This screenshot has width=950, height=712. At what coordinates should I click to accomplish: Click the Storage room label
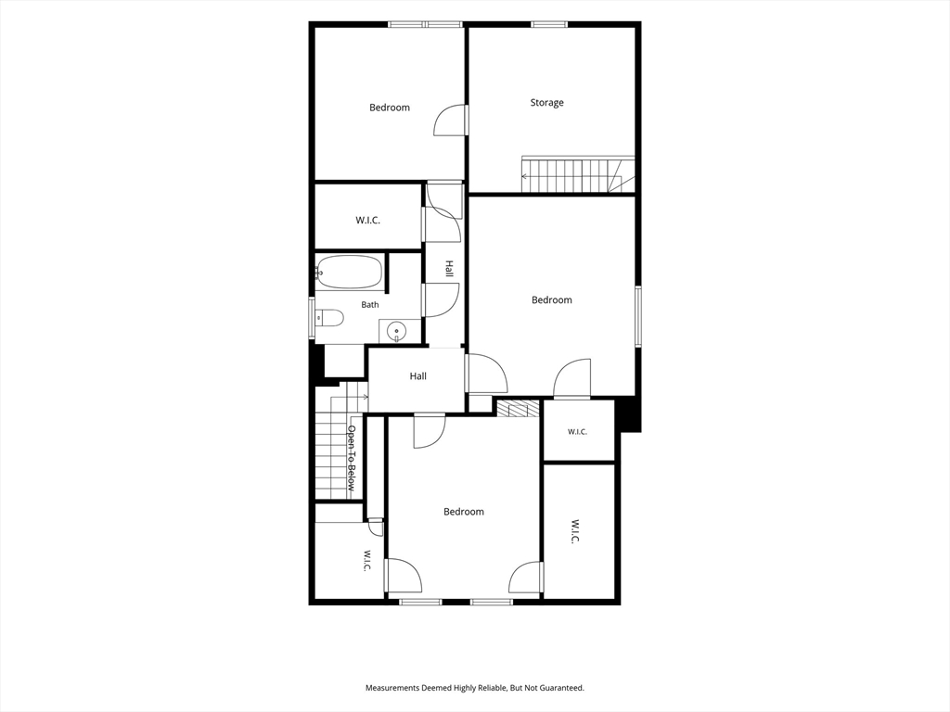pos(546,103)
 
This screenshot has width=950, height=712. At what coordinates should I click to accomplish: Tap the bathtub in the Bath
pos(350,272)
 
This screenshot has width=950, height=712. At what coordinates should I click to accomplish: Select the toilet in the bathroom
pos(329,317)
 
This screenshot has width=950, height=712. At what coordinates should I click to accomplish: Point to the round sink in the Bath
pos(397,331)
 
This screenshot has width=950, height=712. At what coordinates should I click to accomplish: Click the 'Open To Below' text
pos(351,458)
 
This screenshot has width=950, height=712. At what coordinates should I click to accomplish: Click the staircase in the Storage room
pos(578,174)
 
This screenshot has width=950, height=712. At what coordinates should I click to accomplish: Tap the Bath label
pos(370,304)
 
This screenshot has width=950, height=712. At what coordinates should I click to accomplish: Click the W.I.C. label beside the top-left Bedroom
pos(367,221)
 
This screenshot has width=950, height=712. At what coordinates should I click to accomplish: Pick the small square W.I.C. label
pos(577,432)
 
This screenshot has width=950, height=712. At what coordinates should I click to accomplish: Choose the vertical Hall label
pos(450,270)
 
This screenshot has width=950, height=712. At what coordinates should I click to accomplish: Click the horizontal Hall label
pos(418,376)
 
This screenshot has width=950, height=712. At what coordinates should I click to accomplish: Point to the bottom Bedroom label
pos(464,512)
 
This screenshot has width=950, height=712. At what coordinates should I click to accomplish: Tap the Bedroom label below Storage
pos(551,299)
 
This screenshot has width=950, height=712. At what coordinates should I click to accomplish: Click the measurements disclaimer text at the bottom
pos(474,688)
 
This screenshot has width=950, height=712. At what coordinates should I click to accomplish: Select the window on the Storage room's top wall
pos(549,24)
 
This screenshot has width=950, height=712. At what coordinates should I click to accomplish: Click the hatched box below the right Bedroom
pos(518,409)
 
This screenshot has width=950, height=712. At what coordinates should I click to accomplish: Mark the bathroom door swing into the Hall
pos(441,299)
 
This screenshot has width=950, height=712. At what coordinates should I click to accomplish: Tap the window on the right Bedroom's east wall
pos(638,316)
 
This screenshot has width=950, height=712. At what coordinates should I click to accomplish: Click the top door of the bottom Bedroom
pos(430,431)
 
